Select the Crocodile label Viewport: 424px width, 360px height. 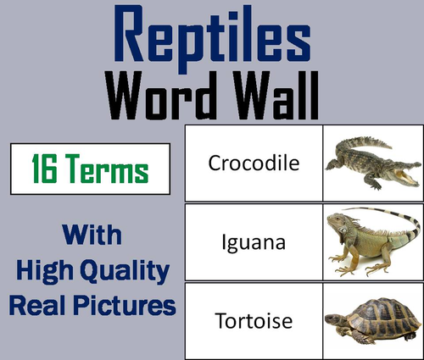pos(254,163)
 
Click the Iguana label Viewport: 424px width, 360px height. pos(254,242)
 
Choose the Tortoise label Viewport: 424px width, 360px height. pos(254,323)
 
